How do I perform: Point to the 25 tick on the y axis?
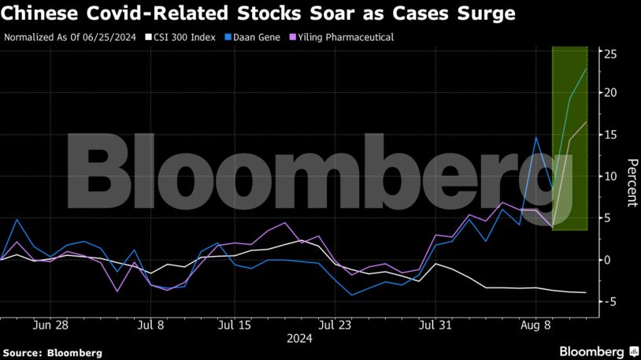[x=610, y=54]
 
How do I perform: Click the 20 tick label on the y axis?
[x=610, y=93]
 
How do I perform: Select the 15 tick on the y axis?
[x=610, y=135]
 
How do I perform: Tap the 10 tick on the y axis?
[x=610, y=176]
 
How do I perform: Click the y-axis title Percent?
[x=631, y=182]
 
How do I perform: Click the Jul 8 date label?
[x=150, y=324]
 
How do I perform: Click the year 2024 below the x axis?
[x=299, y=340]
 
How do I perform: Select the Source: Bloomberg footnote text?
[x=52, y=353]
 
